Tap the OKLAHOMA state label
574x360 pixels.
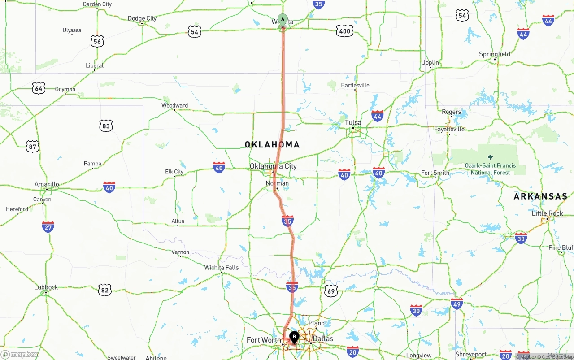(x=272, y=145)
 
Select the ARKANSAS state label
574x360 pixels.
(x=540, y=196)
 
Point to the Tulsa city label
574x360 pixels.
(x=353, y=123)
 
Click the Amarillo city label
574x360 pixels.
(x=47, y=184)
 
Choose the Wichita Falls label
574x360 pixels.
(x=222, y=268)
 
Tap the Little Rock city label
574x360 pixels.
(x=547, y=213)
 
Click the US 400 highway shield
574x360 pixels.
(x=344, y=31)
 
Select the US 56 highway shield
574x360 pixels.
(x=97, y=42)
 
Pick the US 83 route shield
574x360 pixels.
(x=106, y=126)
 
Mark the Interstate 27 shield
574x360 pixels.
(x=48, y=227)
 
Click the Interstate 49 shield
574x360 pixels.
(x=457, y=304)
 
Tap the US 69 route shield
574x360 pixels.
(x=331, y=291)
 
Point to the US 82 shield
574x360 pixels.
(x=105, y=290)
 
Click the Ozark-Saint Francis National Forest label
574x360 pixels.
(x=490, y=169)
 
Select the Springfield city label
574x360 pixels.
(x=494, y=54)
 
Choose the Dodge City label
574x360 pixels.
(x=142, y=18)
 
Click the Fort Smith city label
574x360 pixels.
(x=435, y=173)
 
